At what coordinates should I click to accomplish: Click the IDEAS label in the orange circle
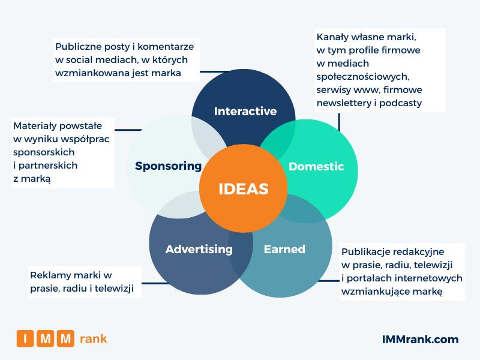[x=244, y=189]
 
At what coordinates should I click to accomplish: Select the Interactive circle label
[x=245, y=111]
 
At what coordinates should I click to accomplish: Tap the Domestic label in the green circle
[x=316, y=167]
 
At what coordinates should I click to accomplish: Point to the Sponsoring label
[x=169, y=166]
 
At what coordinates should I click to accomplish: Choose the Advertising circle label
[x=199, y=250]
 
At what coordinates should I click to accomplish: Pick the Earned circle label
[x=284, y=249]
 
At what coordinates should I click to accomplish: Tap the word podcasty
[x=400, y=103]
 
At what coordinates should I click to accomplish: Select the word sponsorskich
[x=44, y=152]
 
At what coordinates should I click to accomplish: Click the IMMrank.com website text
[x=421, y=340]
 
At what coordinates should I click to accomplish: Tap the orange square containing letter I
[x=25, y=338]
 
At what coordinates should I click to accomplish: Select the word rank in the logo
[x=93, y=339]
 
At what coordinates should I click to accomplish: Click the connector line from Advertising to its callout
[x=155, y=283]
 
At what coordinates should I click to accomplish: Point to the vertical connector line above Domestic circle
[x=339, y=122]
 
